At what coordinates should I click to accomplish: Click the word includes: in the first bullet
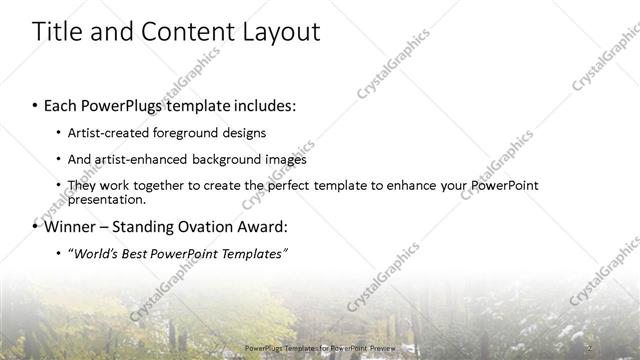pos(261,104)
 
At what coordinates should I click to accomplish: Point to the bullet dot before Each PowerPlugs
pos(36,104)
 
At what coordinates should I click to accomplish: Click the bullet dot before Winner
pos(36,226)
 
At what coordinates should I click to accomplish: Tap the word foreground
pos(197,132)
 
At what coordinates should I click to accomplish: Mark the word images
pos(285,159)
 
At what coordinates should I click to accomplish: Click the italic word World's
pos(96,254)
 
